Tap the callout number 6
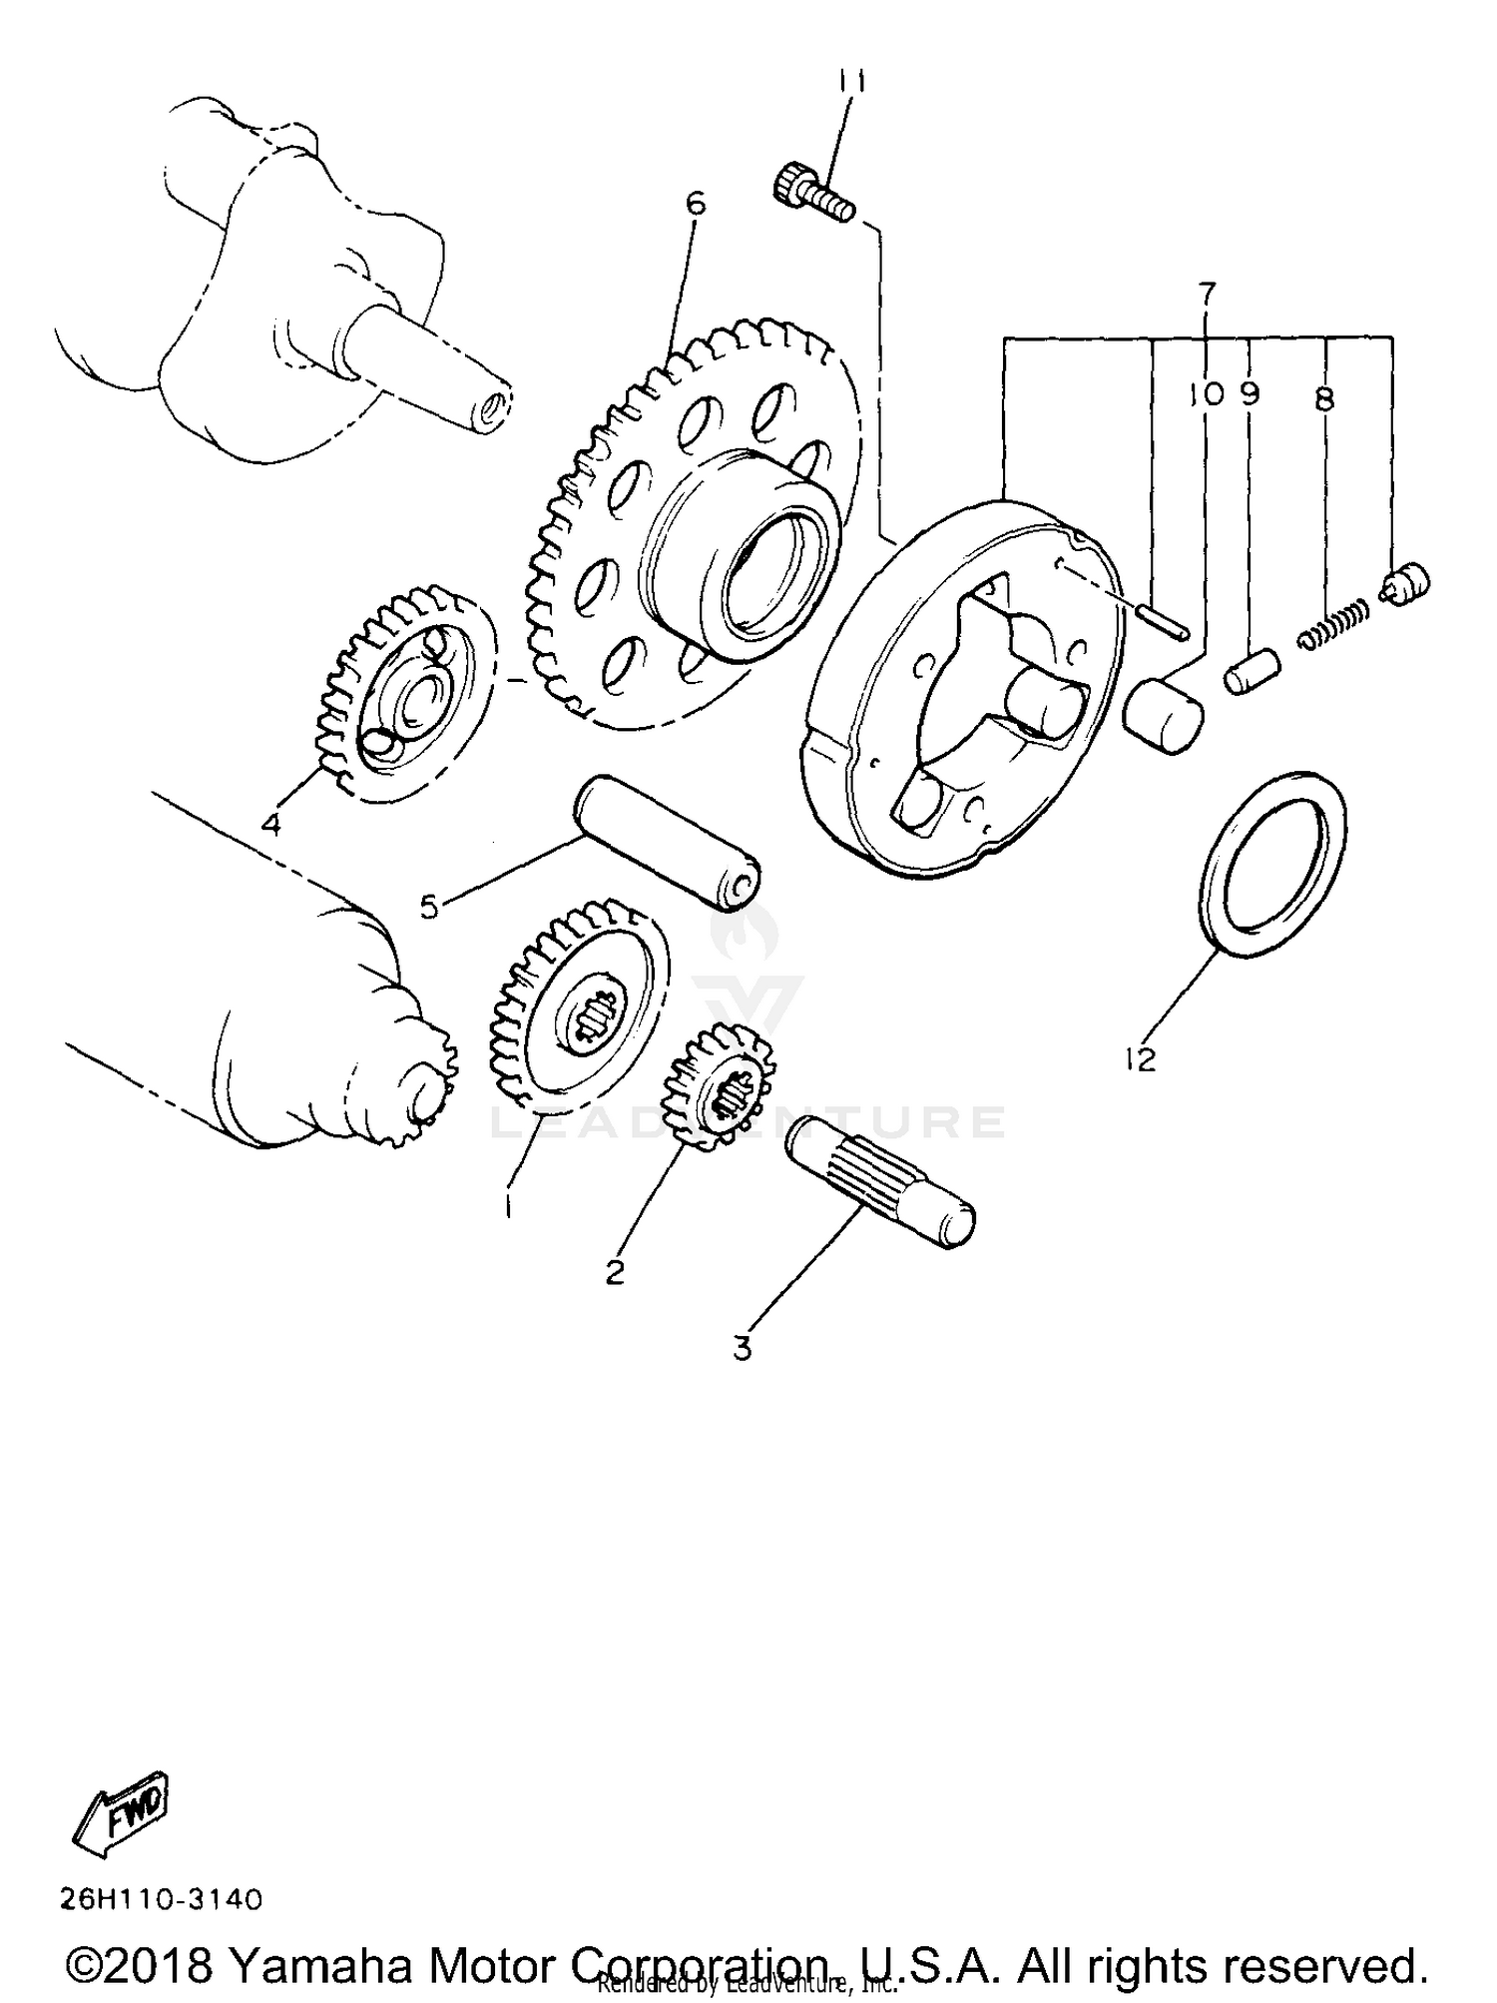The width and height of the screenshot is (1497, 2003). (x=696, y=204)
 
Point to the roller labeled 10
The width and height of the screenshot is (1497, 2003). (x=1164, y=714)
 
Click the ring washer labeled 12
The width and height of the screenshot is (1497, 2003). (x=1270, y=865)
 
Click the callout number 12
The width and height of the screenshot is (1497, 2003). (x=1139, y=1059)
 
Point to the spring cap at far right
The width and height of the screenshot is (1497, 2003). (x=1408, y=583)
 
